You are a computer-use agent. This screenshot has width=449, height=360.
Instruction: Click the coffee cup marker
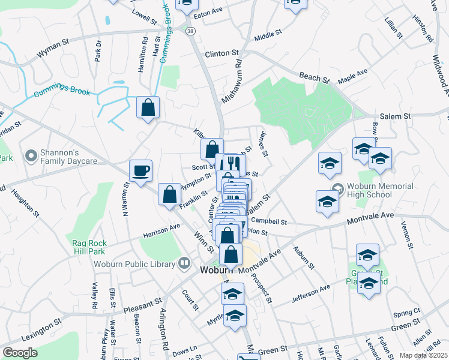tap(140, 171)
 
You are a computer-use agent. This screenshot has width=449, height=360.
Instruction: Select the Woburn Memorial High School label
tap(379, 190)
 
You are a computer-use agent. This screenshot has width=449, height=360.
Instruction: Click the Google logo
tap(19, 353)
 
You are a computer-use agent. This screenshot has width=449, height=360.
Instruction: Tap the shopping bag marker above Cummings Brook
tap(148, 109)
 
